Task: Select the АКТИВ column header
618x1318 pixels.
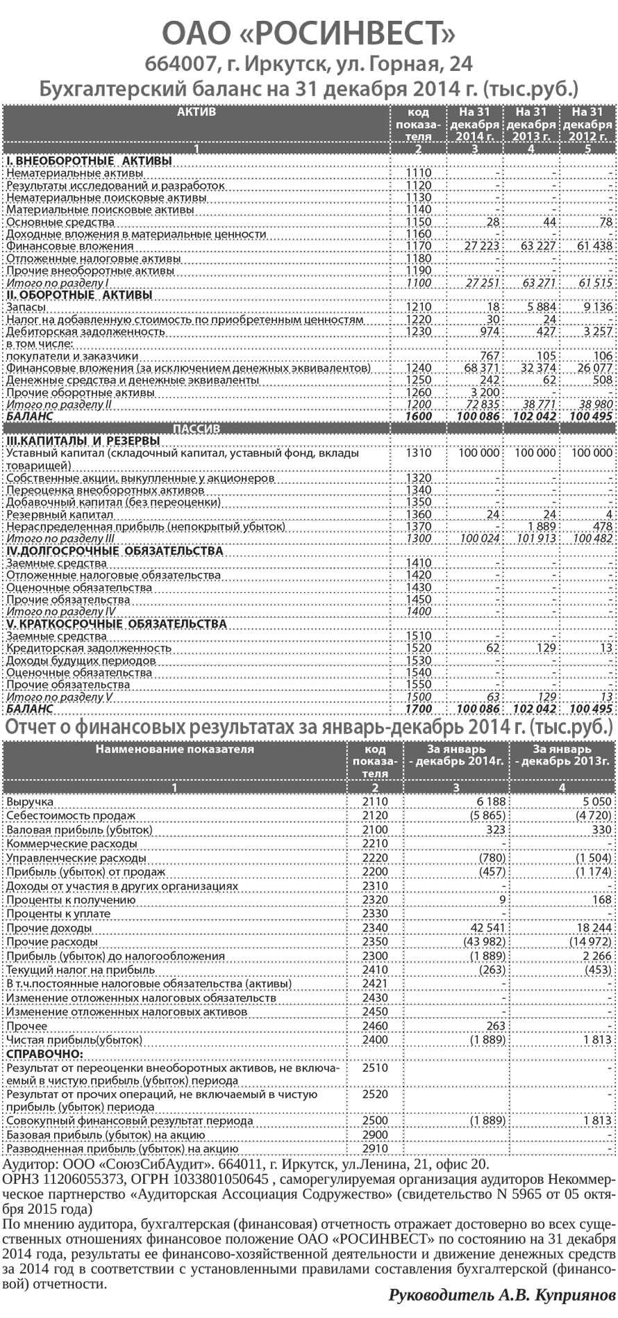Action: [196, 112]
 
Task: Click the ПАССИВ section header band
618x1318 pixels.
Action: [196, 429]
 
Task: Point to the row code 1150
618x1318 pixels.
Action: [418, 222]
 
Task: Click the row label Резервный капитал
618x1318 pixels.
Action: [59, 515]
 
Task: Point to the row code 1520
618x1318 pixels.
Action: [418, 648]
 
